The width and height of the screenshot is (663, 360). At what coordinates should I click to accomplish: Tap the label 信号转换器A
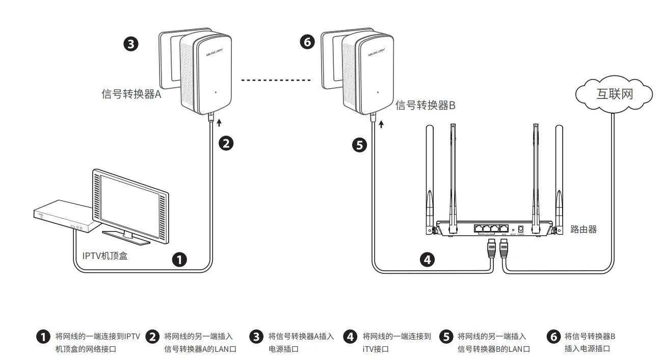131,94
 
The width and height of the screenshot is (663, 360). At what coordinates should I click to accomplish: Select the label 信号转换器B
425,106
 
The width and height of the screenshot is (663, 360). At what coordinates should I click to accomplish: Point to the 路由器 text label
583,229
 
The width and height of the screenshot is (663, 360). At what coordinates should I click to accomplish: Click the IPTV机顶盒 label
105,256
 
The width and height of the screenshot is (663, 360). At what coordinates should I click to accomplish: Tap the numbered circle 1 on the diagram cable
179,260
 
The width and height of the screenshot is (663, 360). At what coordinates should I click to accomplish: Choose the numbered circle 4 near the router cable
428,260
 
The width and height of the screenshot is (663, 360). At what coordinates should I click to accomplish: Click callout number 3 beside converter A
131,44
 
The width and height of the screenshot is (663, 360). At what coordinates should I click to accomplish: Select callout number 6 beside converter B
307,42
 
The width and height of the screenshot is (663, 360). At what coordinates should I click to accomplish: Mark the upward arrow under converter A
219,122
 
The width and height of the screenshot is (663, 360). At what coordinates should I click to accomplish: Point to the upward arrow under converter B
381,124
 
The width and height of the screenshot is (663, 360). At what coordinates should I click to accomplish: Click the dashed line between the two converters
276,80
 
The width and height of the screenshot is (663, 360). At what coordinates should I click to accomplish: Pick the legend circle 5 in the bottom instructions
446,337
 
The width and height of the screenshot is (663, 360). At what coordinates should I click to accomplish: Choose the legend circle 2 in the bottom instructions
152,337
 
